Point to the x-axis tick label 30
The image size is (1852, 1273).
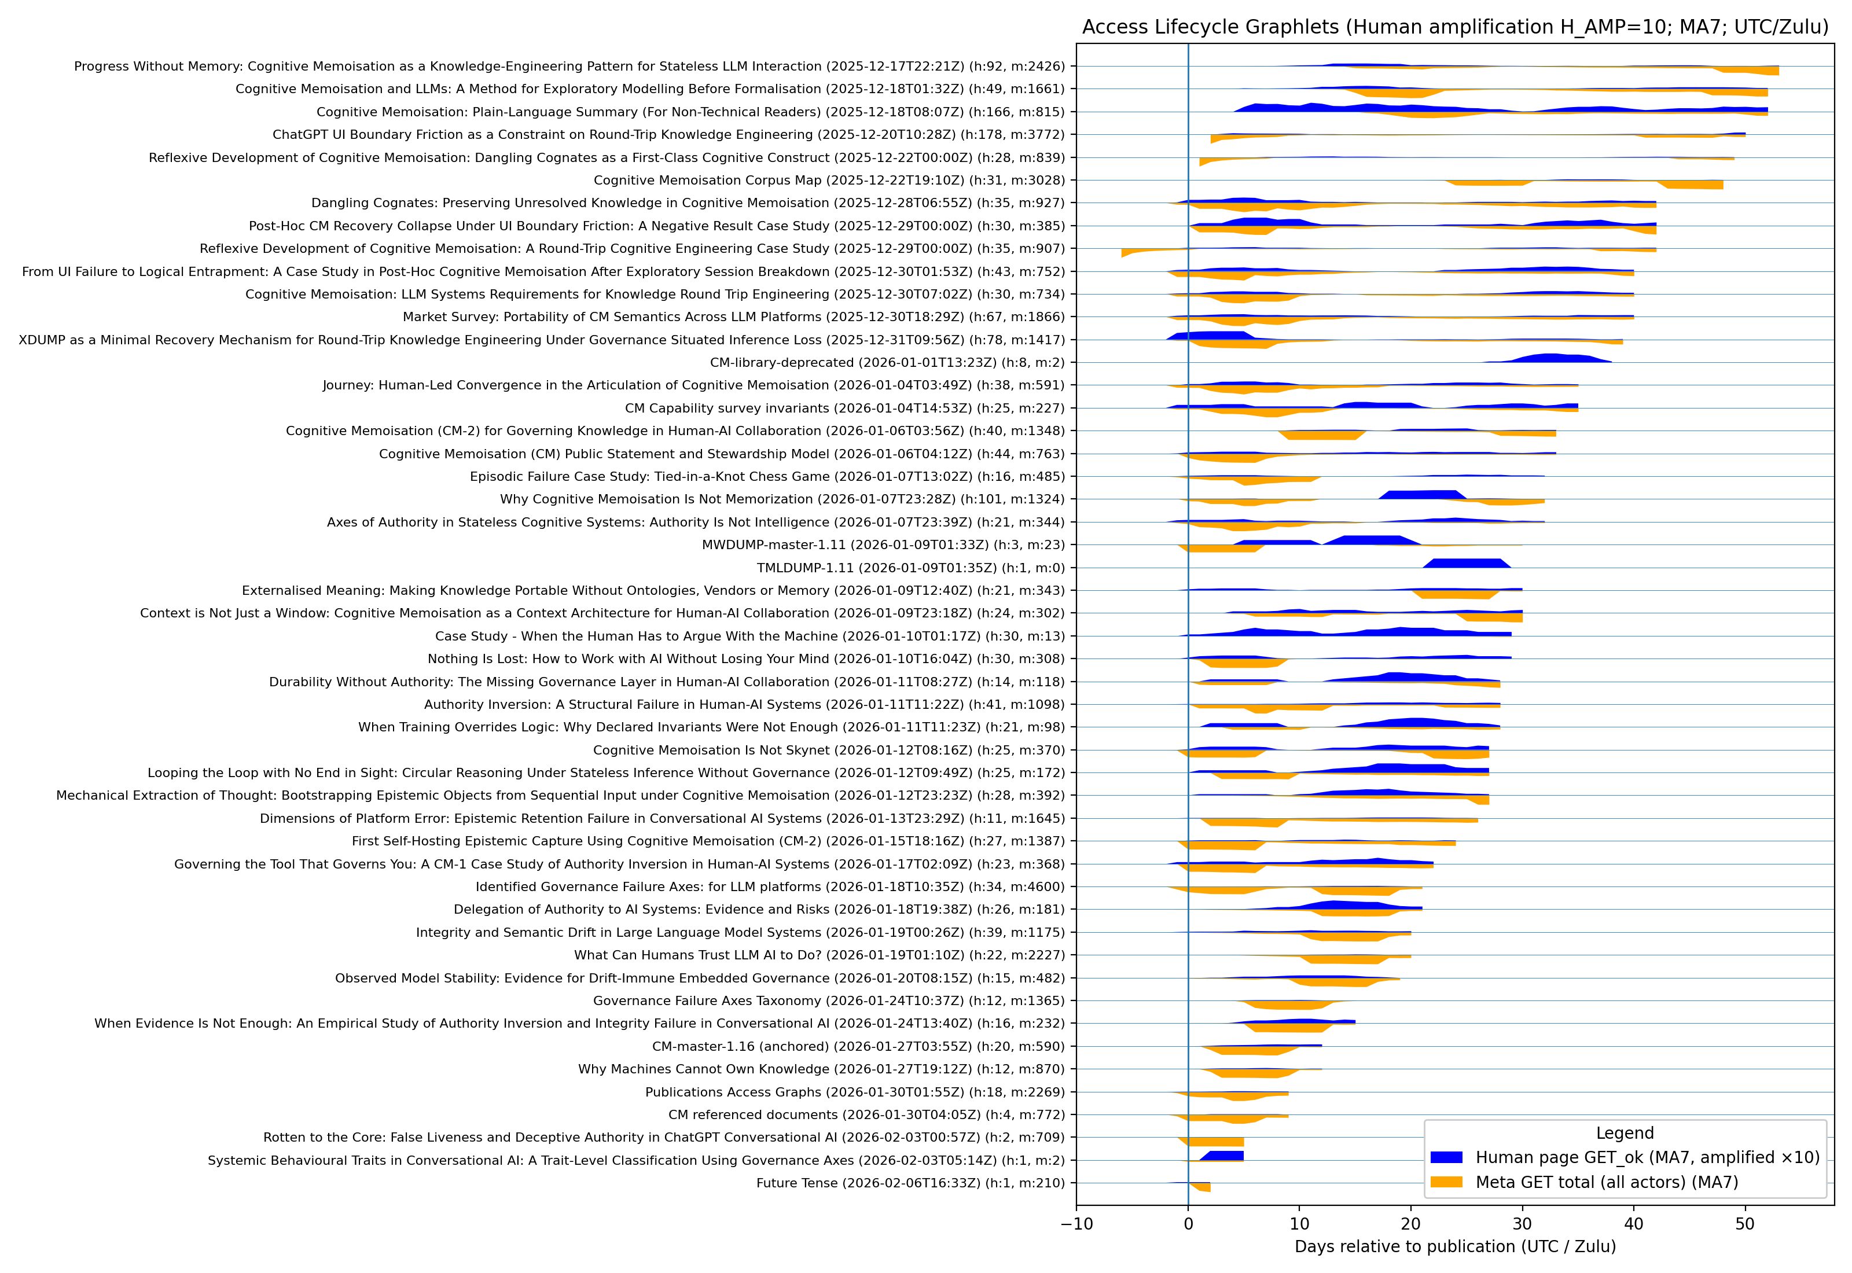click(x=1522, y=1224)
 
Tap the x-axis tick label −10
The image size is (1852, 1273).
click(x=1076, y=1224)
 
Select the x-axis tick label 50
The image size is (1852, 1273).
click(x=1744, y=1224)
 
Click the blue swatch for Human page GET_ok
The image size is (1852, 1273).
click(x=1446, y=1157)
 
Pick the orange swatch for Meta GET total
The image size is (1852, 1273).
click(x=1446, y=1182)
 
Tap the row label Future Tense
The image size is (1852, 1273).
click(x=910, y=1183)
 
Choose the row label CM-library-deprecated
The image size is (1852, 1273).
click(x=887, y=362)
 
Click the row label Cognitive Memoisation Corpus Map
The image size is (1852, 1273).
click(x=829, y=181)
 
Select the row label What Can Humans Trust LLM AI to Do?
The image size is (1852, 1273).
click(x=819, y=955)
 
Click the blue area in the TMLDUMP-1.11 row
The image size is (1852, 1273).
click(x=1466, y=563)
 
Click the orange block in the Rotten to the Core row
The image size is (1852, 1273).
click(x=1217, y=1142)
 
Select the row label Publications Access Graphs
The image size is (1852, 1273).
click(x=855, y=1092)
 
